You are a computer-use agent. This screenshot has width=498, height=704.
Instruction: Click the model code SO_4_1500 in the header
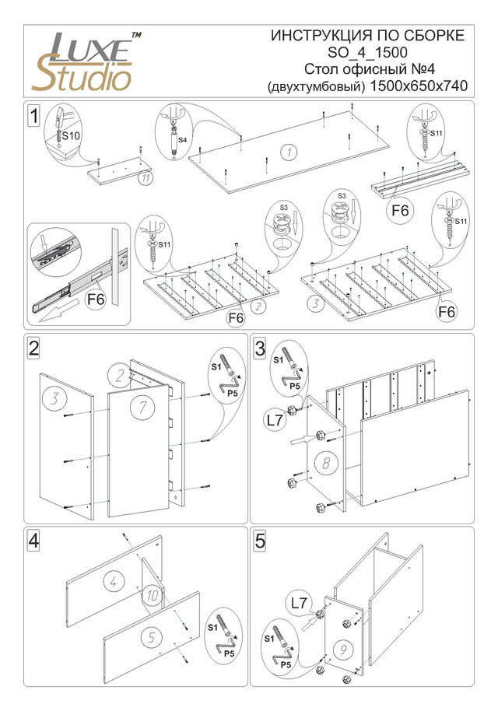tap(368, 52)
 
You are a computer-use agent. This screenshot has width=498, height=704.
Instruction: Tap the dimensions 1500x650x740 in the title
tap(419, 86)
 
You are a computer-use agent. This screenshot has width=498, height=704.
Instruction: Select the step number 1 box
tap(33, 116)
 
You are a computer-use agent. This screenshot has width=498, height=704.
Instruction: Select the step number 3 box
tap(260, 347)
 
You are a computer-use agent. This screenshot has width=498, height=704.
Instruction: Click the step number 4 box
tap(33, 540)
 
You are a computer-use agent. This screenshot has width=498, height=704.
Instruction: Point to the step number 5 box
tap(260, 540)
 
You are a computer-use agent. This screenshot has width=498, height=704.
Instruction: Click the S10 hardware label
tap(71, 135)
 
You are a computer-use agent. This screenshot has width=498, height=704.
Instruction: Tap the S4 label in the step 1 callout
tap(181, 140)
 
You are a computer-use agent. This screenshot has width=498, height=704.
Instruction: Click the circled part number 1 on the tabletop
tap(288, 152)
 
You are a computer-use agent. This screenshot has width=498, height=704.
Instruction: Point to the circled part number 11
tap(145, 177)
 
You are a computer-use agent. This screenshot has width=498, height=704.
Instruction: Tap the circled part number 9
tap(342, 647)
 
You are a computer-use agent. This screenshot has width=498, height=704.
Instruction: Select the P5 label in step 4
tap(230, 654)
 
